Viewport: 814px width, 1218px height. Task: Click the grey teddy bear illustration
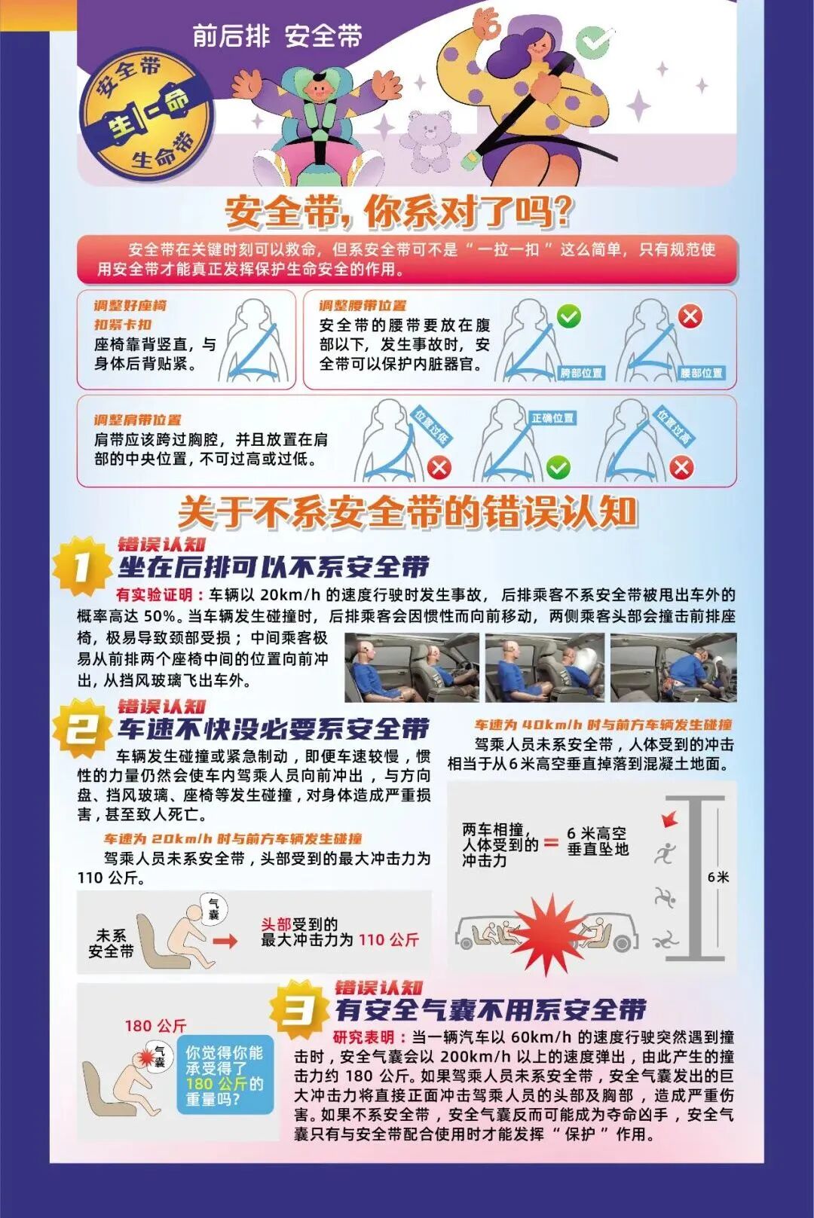pos(429,138)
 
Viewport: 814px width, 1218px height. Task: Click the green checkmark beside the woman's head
pos(595,42)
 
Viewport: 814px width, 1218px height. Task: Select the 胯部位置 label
pos(581,372)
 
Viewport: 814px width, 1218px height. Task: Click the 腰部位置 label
pos(701,372)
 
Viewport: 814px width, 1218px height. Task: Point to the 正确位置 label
pos(552,417)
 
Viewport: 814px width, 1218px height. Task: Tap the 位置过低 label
pos(431,425)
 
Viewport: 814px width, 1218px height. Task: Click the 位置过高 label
pos(673,425)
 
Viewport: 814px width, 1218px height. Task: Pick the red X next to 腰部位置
pos(690,316)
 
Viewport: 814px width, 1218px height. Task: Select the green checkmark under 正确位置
pos(558,468)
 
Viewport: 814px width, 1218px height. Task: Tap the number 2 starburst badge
pos(81,728)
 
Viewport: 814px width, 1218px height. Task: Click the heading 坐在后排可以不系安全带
pos(274,566)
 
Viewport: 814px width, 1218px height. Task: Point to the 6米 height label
pos(718,877)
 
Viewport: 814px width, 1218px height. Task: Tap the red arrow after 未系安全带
pos(225,941)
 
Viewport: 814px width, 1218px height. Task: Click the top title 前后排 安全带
pos(277,35)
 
